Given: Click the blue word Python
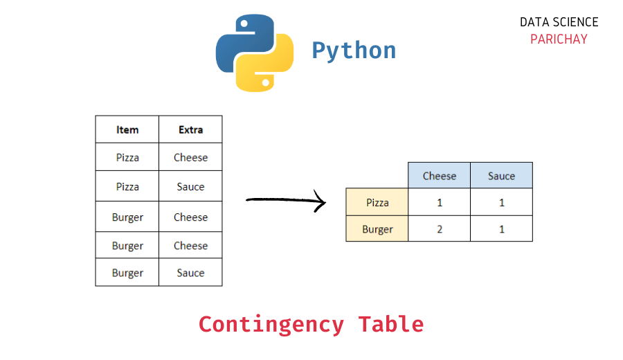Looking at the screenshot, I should [x=354, y=51].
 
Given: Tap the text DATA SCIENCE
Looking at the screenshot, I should [x=559, y=22].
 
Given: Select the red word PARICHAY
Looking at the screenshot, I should [x=559, y=39].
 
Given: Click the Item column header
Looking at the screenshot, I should [x=127, y=129].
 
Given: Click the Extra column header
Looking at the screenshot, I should [x=190, y=129].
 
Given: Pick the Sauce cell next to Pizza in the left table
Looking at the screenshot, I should [x=190, y=187].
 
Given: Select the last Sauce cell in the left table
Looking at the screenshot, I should [x=190, y=273].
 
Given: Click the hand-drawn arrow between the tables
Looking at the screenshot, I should [x=285, y=201].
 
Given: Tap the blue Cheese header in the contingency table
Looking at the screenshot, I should [x=439, y=176].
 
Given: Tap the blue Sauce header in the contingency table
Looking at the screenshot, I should [x=501, y=176].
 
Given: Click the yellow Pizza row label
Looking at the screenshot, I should [x=377, y=203].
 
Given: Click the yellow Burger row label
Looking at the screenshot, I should [x=377, y=229].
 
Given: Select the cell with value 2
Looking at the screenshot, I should [x=439, y=229].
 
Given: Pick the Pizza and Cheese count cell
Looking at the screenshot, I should [x=439, y=203].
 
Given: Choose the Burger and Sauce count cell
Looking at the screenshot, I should [x=501, y=229].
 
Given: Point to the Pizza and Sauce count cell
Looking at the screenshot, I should [x=501, y=203].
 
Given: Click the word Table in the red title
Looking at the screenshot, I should [x=390, y=324].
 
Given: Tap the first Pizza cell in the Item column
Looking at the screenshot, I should [x=127, y=158].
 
